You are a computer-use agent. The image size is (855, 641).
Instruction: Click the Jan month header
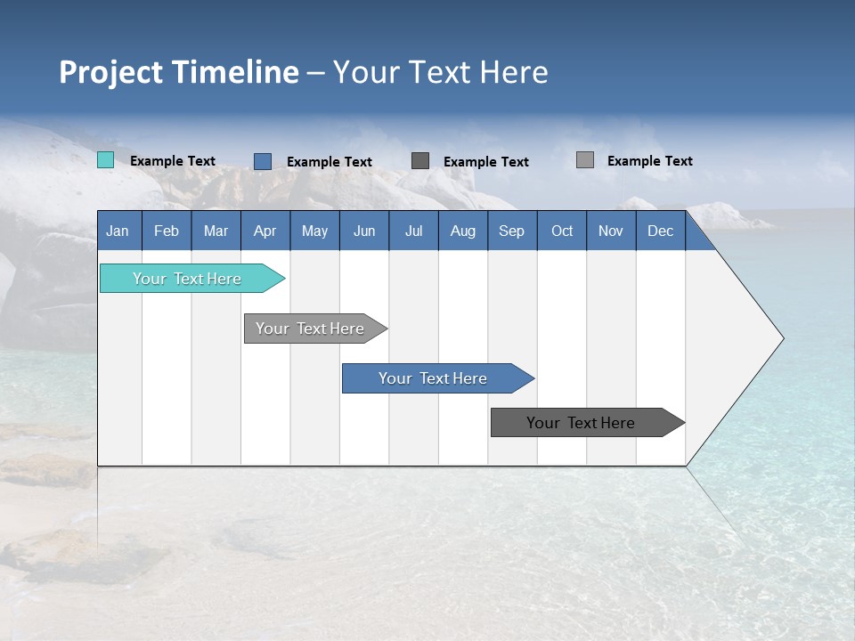click(118, 231)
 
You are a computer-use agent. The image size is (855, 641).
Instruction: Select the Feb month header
click(167, 231)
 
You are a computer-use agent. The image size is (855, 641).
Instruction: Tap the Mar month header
click(216, 231)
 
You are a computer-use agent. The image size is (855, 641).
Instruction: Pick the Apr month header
click(265, 231)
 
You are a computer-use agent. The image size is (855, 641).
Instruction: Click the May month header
click(314, 231)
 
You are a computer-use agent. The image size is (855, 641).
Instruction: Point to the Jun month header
click(364, 231)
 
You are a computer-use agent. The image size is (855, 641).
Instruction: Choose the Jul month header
click(413, 231)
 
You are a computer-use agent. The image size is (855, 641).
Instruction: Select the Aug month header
click(463, 231)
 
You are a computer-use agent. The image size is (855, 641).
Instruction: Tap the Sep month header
click(512, 231)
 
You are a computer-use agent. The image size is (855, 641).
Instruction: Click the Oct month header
click(562, 231)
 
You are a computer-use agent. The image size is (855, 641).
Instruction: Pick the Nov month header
click(611, 231)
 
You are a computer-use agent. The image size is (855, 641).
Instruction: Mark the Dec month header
click(661, 231)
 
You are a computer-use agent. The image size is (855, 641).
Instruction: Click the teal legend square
click(106, 160)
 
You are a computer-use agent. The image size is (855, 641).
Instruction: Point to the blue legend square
click(263, 161)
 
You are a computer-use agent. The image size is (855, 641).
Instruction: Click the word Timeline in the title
click(235, 72)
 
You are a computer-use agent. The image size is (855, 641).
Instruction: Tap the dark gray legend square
click(420, 160)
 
